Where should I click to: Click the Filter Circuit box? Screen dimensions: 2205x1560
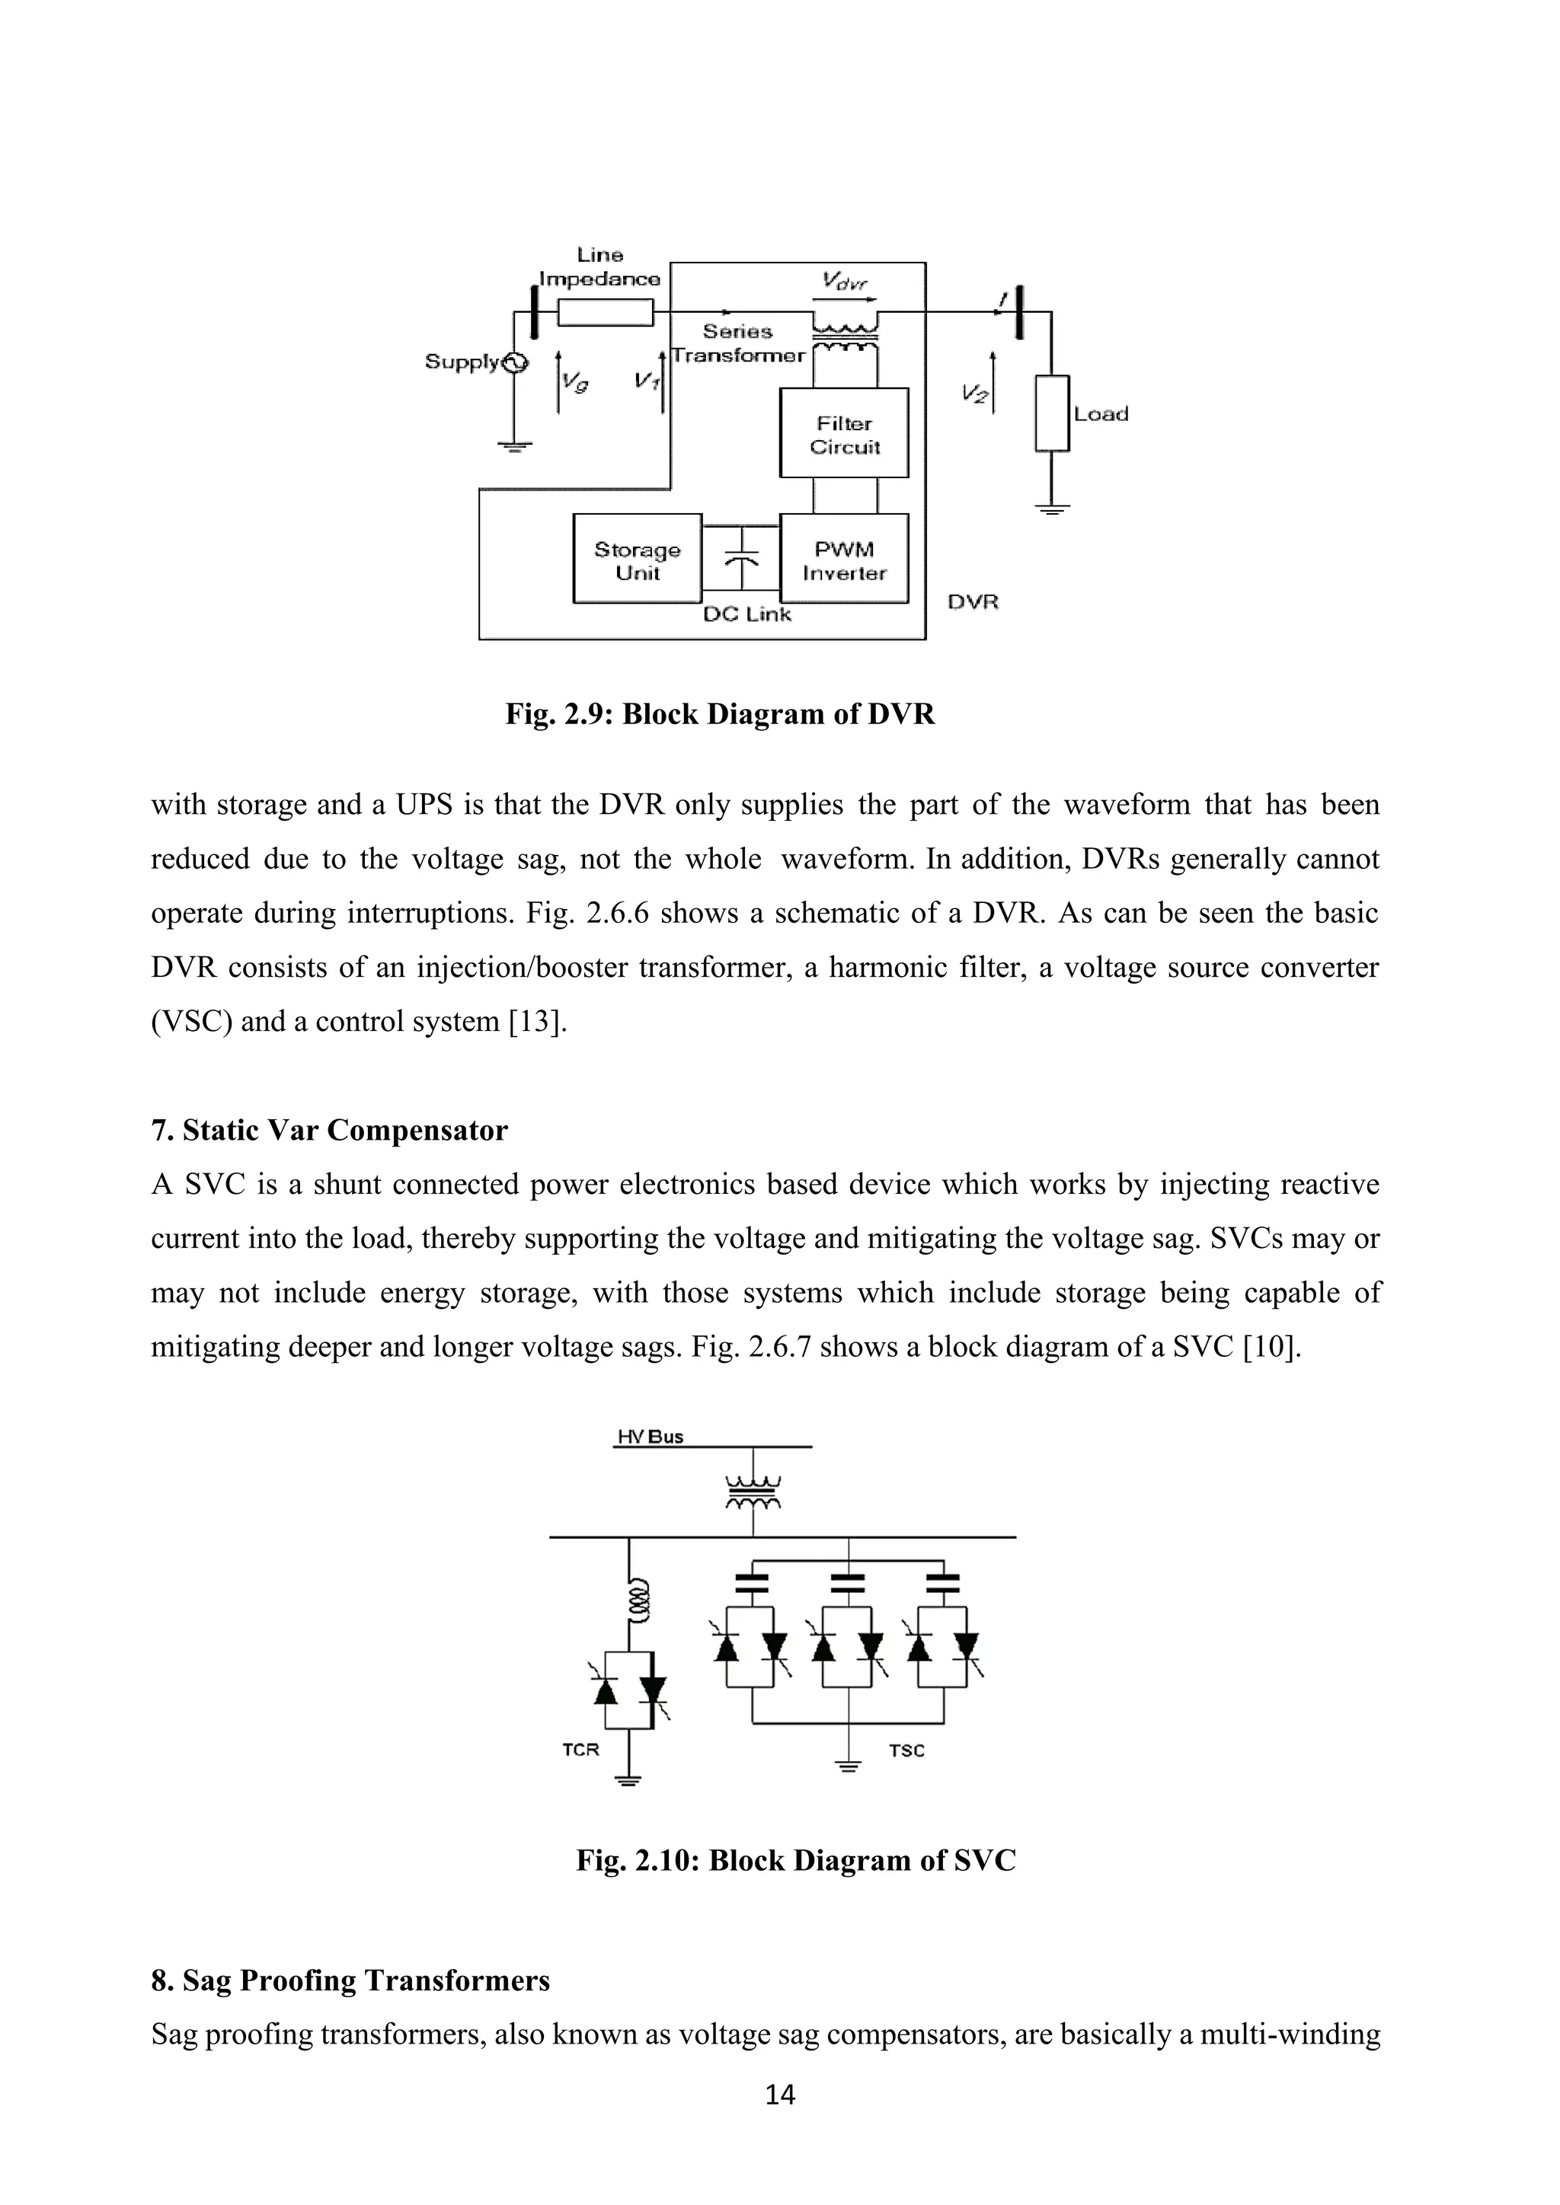pyautogui.click(x=843, y=433)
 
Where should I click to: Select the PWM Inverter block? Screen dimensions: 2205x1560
pyautogui.click(x=843, y=559)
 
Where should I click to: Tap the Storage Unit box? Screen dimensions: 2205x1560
pyautogui.click(x=637, y=559)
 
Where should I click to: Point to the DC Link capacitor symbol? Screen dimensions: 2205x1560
pyautogui.click(x=740, y=559)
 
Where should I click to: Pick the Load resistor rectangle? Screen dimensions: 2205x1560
pyautogui.click(x=1052, y=414)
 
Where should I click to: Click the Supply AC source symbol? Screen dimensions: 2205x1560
pyautogui.click(x=515, y=362)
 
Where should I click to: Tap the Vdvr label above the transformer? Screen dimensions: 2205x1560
pyautogui.click(x=844, y=282)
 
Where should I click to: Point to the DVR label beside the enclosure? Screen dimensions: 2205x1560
pyautogui.click(x=973, y=602)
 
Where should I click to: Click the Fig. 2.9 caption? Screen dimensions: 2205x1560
pyautogui.click(x=720, y=714)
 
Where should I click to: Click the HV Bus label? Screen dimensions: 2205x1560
pyautogui.click(x=651, y=1437)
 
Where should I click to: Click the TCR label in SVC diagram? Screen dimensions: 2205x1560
pyautogui.click(x=580, y=1750)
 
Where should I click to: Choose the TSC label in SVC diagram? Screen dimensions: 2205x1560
pyautogui.click(x=906, y=1750)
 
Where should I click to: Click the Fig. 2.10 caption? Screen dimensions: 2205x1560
pyautogui.click(x=795, y=1860)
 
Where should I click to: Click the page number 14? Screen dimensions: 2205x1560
pyautogui.click(x=780, y=2095)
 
